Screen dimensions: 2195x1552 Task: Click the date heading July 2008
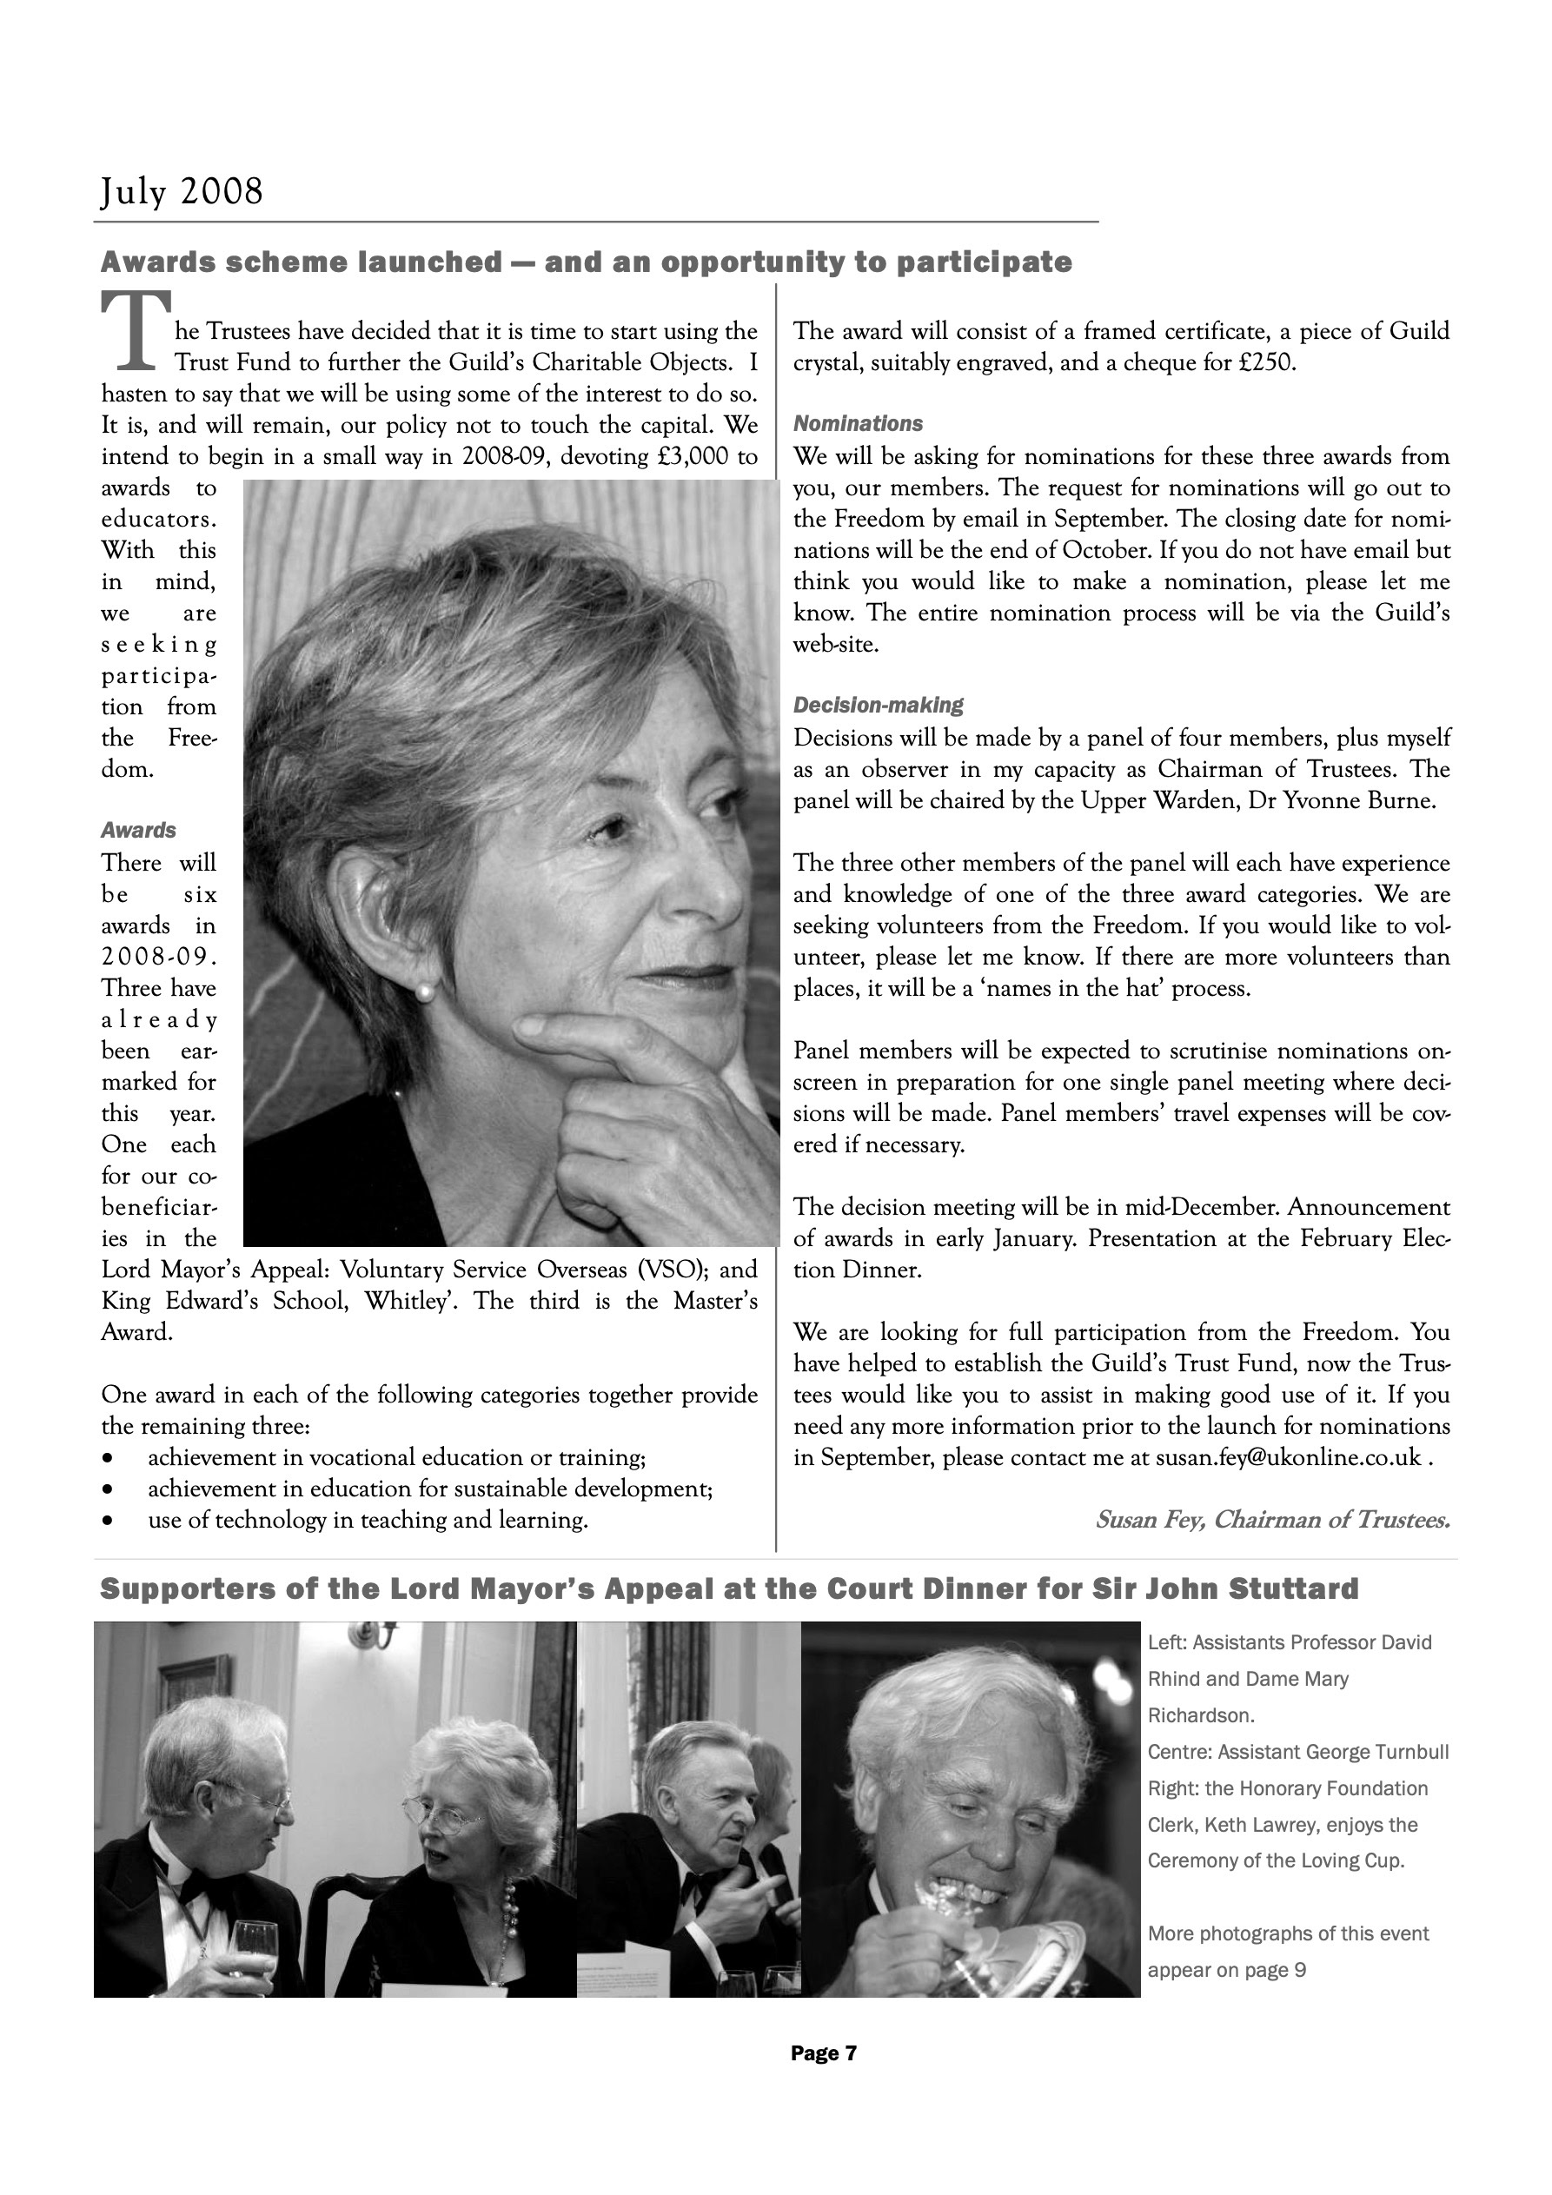(182, 192)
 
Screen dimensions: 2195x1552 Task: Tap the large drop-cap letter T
(136, 331)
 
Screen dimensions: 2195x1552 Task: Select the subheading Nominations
(858, 423)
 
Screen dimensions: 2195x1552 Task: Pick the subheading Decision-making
(878, 706)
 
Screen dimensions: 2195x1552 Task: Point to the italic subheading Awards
(139, 830)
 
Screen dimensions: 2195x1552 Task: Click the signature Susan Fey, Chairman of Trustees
(1272, 1520)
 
